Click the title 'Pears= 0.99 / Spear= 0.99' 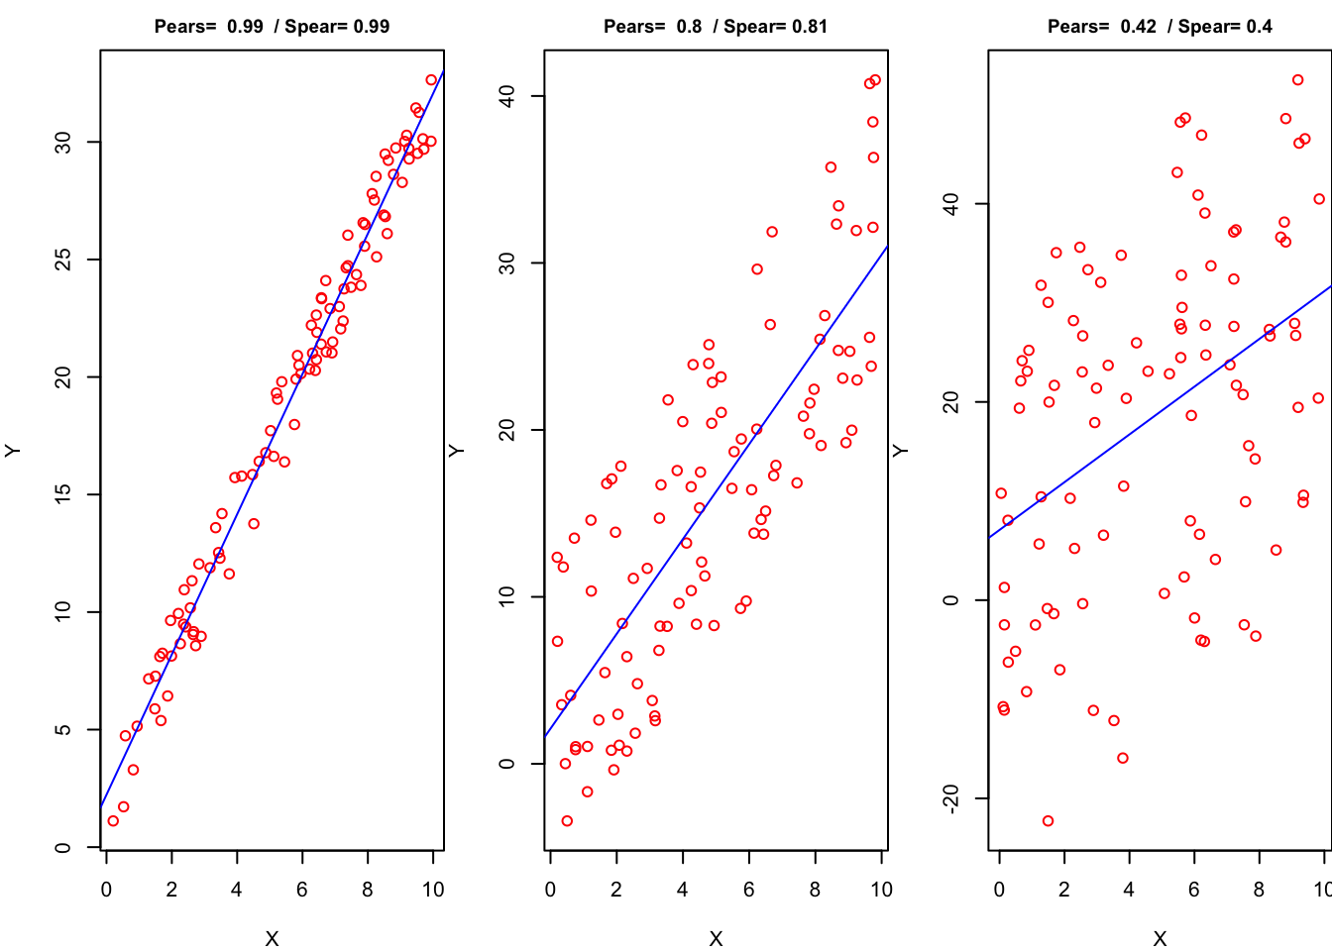click(272, 27)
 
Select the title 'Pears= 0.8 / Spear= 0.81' click(716, 27)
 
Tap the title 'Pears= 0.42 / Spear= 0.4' click(1160, 27)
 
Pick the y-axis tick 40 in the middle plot click(507, 96)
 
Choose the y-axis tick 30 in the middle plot click(507, 263)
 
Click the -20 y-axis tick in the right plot click(951, 798)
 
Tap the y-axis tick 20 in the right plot click(951, 402)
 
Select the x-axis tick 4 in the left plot click(237, 890)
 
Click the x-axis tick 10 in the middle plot click(881, 890)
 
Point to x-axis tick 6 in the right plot click(1194, 890)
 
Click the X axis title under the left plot click(272, 938)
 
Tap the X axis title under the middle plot click(716, 938)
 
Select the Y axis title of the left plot click(13, 451)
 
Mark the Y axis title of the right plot click(901, 451)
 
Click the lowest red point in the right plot click(1048, 821)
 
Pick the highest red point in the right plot click(1298, 80)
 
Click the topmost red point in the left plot click(431, 80)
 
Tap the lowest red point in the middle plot click(567, 821)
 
